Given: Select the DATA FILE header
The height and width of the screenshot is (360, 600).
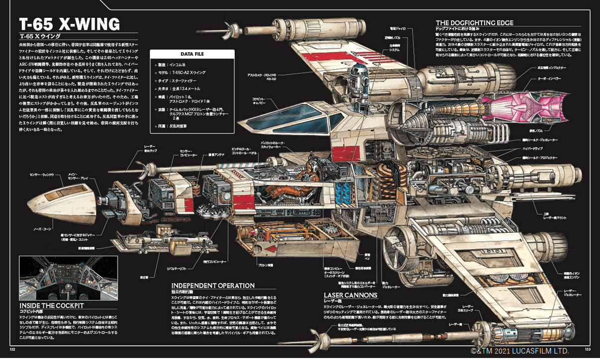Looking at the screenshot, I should pos(192,54).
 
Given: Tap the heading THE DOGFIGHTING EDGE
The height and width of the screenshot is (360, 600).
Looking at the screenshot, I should pos(474,23).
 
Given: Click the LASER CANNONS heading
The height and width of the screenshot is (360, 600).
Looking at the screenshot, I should pos(350,295).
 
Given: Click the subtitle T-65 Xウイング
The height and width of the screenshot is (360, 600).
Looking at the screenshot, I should pos(40,36).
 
